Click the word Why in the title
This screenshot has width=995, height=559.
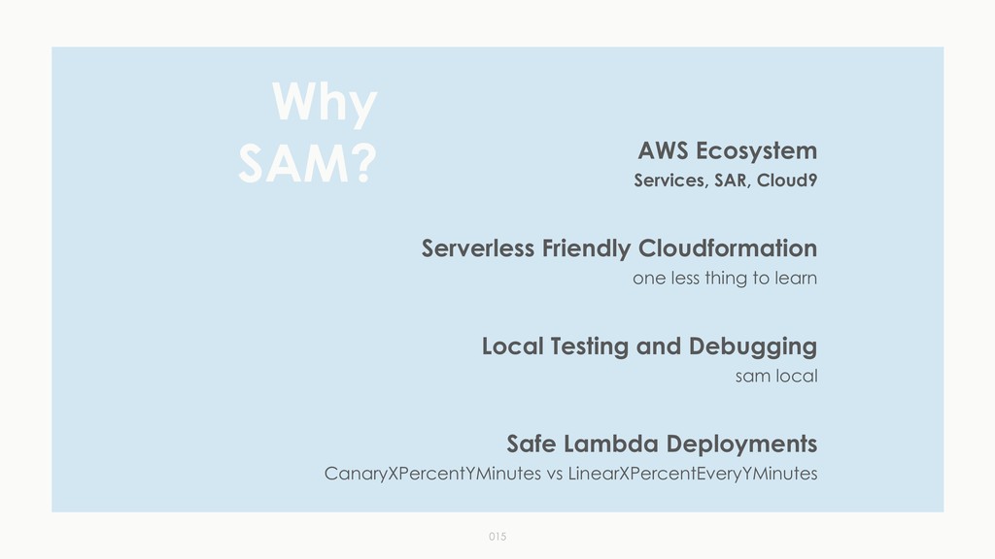pyautogui.click(x=324, y=104)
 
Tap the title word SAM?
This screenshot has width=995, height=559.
pyautogui.click(x=307, y=166)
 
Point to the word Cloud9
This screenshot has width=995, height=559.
pyautogui.click(x=787, y=181)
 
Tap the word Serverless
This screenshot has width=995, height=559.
pyautogui.click(x=477, y=249)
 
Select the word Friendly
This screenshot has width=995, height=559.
pyautogui.click(x=586, y=249)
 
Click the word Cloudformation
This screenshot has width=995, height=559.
pyautogui.click(x=728, y=249)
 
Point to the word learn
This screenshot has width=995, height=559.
pyautogui.click(x=796, y=279)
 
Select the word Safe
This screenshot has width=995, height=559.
pyautogui.click(x=531, y=444)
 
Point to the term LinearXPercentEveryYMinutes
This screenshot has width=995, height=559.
pyautogui.click(x=693, y=475)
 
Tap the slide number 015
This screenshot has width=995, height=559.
pyautogui.click(x=497, y=536)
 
